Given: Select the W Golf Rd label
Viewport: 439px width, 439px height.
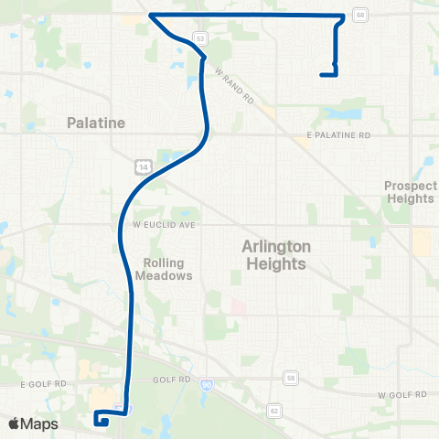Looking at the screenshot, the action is coord(402,394).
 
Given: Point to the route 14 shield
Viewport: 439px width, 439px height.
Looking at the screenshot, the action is coord(143,166).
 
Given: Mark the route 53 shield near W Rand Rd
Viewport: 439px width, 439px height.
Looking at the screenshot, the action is coord(198,37).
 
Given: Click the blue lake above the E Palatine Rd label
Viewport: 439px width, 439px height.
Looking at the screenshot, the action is coord(346,115).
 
